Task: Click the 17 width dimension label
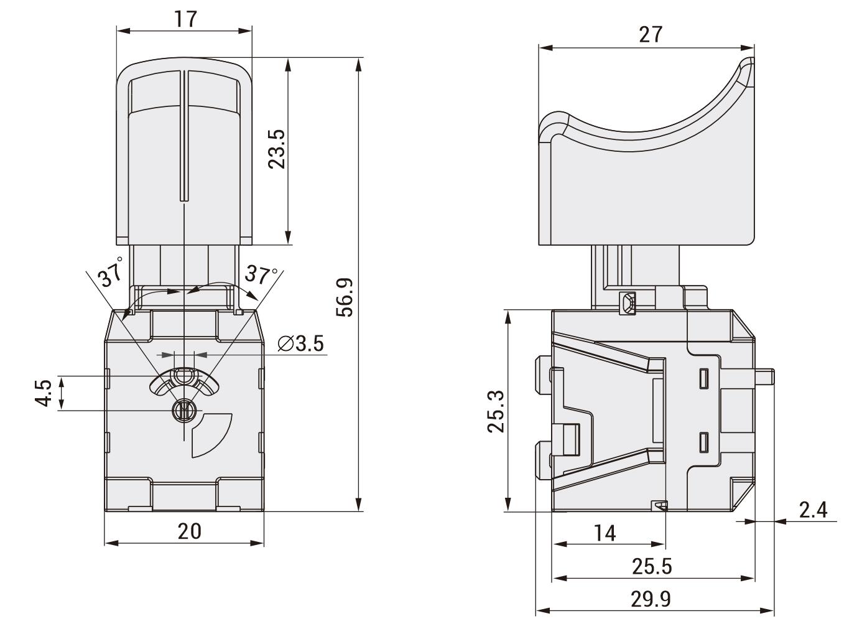point(186,19)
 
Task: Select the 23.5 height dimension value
point(277,149)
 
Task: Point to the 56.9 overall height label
point(345,297)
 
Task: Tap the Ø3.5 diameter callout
point(301,343)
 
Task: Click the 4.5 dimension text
point(44,393)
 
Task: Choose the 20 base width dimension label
point(189,531)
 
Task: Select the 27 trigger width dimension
point(651,35)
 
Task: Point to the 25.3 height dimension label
point(496,411)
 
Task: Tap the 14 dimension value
point(605,534)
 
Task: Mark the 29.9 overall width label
point(651,599)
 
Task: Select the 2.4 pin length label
point(813,510)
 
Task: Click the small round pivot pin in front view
point(184,411)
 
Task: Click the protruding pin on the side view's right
point(764,377)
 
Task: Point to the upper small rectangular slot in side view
point(704,378)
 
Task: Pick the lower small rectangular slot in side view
point(704,442)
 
